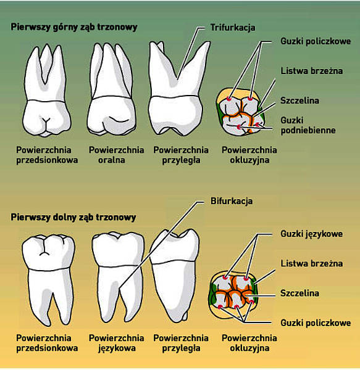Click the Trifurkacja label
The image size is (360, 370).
[x=233, y=28]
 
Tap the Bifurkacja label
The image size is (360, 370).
[x=232, y=201]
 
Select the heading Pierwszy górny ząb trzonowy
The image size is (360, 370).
[x=74, y=27]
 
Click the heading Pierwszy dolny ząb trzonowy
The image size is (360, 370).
[x=73, y=217]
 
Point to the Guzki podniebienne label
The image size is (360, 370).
[x=308, y=125]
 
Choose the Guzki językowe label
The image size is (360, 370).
[x=312, y=234]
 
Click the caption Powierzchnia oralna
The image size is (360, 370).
[x=116, y=155]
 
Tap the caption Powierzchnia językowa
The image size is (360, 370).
[x=116, y=343]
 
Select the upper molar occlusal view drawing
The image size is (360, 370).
[x=240, y=112]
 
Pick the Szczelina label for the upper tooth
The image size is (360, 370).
[x=299, y=101]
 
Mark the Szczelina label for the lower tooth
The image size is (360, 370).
[x=299, y=293]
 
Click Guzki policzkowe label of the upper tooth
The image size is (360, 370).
[x=316, y=41]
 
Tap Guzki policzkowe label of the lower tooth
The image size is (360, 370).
[x=316, y=323]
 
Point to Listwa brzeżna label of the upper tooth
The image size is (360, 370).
[x=312, y=71]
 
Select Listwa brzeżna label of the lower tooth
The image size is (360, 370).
[x=312, y=263]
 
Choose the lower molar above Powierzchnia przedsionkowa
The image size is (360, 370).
[x=48, y=279]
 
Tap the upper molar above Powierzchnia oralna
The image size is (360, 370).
[x=112, y=89]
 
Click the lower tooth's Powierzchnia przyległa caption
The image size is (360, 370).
[x=181, y=343]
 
